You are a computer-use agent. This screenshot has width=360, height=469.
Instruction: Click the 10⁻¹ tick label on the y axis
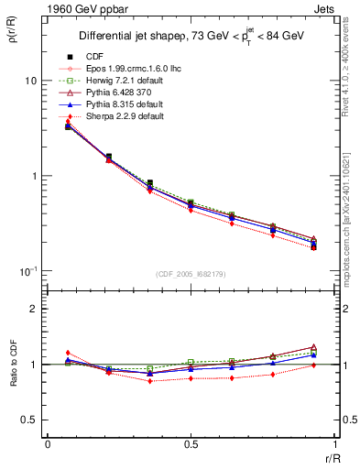[x=27, y=271]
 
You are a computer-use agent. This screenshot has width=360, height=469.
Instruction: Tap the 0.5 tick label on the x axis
[x=191, y=444]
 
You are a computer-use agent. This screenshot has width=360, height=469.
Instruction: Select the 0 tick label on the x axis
[x=48, y=444]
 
